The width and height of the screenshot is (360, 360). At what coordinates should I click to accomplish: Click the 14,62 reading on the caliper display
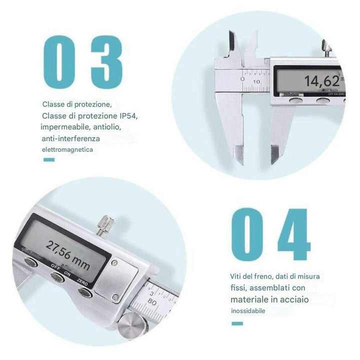pyautogui.click(x=322, y=81)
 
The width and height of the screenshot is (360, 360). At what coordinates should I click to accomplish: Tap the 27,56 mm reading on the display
pyautogui.click(x=67, y=255)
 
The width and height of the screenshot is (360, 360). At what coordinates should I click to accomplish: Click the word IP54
pyautogui.click(x=128, y=115)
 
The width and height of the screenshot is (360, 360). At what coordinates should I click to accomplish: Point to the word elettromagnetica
pyautogui.click(x=67, y=149)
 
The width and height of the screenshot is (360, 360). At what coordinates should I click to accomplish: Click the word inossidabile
pyautogui.click(x=248, y=311)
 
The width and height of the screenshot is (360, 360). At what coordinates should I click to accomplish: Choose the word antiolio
pyautogui.click(x=107, y=127)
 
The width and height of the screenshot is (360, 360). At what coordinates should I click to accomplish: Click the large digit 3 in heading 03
pyautogui.click(x=106, y=62)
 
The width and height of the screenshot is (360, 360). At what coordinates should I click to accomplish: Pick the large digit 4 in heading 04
pyautogui.click(x=294, y=234)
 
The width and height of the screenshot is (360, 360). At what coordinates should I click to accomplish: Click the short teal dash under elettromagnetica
pyautogui.click(x=49, y=160)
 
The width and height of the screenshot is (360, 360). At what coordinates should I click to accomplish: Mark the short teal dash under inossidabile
pyautogui.click(x=237, y=323)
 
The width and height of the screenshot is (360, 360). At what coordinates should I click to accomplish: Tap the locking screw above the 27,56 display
pyautogui.click(x=105, y=224)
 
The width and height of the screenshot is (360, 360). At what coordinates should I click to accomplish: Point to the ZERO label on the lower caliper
pyautogui.click(x=82, y=282)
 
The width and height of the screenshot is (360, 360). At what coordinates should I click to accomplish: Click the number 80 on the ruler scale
pyautogui.click(x=152, y=301)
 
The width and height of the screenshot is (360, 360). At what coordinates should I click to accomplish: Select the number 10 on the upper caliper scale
pyautogui.click(x=256, y=81)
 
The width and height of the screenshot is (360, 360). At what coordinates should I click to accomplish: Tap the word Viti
pyautogui.click(x=235, y=276)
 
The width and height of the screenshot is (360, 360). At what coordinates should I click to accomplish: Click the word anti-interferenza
pyautogui.click(x=70, y=138)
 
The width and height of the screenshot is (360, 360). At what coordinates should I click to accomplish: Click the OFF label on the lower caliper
pyautogui.click(x=55, y=267)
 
